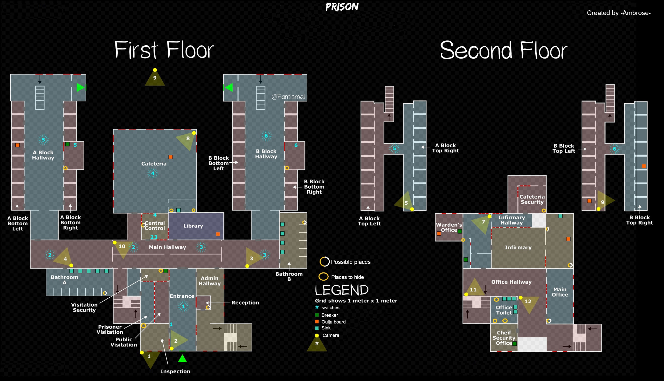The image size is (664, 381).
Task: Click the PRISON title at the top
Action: (342, 7)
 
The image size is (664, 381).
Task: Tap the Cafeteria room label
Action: (154, 164)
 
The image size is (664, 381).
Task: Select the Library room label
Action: (193, 226)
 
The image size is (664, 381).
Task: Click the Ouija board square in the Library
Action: (218, 234)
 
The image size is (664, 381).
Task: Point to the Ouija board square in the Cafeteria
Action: (171, 157)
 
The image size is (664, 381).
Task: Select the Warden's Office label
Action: (449, 227)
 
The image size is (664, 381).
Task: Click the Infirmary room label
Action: (518, 248)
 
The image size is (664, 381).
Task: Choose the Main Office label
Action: (560, 292)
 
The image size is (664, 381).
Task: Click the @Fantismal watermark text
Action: (288, 97)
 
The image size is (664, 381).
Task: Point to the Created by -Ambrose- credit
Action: (618, 13)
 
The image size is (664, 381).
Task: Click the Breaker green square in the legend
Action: (317, 315)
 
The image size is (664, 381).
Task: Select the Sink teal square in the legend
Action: (317, 328)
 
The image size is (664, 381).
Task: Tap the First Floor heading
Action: (164, 50)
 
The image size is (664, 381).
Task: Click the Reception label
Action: (245, 303)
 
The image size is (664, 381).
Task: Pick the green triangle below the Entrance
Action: (182, 358)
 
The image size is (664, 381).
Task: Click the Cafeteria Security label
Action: (532, 199)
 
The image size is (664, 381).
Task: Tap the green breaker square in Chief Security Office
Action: (515, 344)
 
